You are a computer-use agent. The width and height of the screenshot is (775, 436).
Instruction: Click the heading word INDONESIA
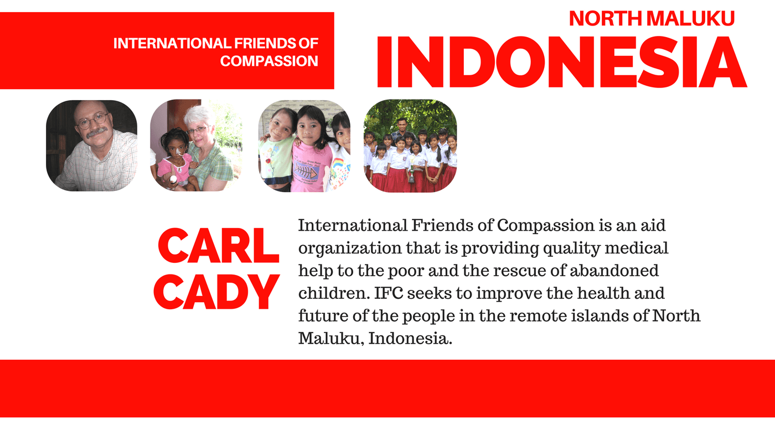(561, 62)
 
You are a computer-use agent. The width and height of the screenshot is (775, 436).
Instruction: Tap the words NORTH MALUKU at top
(652, 18)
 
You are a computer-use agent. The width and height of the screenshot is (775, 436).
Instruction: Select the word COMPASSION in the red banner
(269, 61)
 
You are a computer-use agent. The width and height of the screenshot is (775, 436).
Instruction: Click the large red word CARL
(218, 246)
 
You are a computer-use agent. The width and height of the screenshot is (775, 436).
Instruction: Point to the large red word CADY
(216, 292)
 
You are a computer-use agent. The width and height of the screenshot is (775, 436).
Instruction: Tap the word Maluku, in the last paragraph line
(331, 339)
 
